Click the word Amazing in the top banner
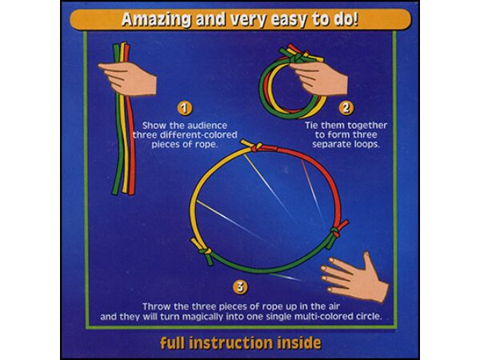157,20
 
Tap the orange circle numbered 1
184,108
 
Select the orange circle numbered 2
346,108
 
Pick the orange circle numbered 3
240,287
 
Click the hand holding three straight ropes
128,78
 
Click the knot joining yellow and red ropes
257,146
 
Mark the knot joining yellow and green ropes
204,251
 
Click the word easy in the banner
288,21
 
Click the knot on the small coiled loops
296,58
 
